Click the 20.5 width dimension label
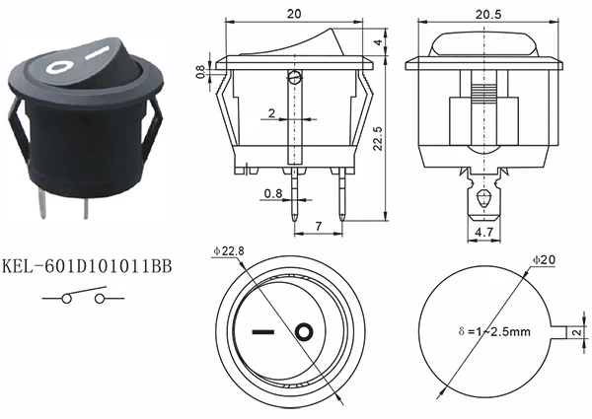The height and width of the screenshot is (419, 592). [x=488, y=15]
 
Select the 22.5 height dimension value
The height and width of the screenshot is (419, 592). [x=378, y=138]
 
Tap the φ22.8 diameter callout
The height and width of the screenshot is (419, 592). [x=229, y=251]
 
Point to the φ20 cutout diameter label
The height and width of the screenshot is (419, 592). [x=544, y=260]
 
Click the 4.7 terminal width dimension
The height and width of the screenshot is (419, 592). [x=484, y=232]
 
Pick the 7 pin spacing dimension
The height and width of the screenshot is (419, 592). [x=319, y=227]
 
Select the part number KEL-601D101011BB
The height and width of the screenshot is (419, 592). [x=87, y=266]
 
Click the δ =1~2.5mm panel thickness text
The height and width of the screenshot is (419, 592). [x=494, y=332]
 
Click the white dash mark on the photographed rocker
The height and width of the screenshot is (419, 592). [x=98, y=53]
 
